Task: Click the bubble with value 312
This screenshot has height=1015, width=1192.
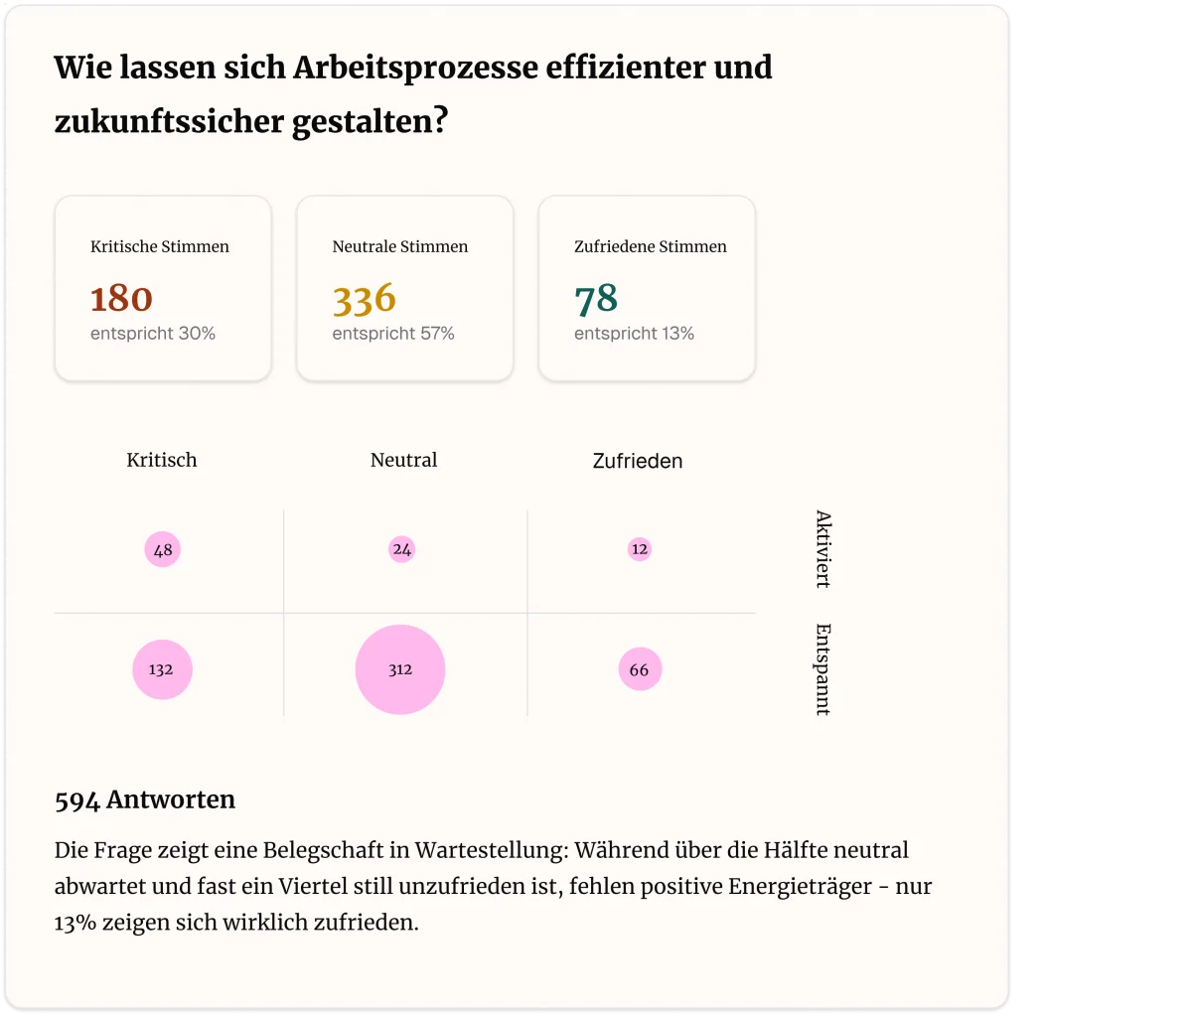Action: pos(400,669)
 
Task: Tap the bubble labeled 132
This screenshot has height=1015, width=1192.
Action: pos(162,669)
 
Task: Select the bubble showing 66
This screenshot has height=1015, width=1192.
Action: pos(639,669)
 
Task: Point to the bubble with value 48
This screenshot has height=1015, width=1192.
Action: pos(163,549)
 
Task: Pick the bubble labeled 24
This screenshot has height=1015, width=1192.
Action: pos(401,548)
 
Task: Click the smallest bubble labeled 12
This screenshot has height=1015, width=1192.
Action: pos(639,548)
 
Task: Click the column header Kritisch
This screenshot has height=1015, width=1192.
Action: pos(162,460)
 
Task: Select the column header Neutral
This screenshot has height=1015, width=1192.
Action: pos(403,460)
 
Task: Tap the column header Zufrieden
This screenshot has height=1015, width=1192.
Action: pos(638,461)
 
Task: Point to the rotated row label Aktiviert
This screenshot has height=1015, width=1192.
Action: pos(822,549)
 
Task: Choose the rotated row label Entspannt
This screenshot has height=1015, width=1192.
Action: pos(822,669)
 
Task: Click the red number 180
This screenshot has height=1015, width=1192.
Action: pos(121,299)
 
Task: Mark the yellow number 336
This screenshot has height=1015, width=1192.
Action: pos(364,299)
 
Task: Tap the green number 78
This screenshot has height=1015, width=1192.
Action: pos(596,299)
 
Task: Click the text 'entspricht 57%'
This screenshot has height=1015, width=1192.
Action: pos(393,334)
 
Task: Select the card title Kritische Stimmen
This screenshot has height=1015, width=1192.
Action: pos(160,246)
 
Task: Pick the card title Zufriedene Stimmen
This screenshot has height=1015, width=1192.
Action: pos(651,246)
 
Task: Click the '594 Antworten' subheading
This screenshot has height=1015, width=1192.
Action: pos(145,799)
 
